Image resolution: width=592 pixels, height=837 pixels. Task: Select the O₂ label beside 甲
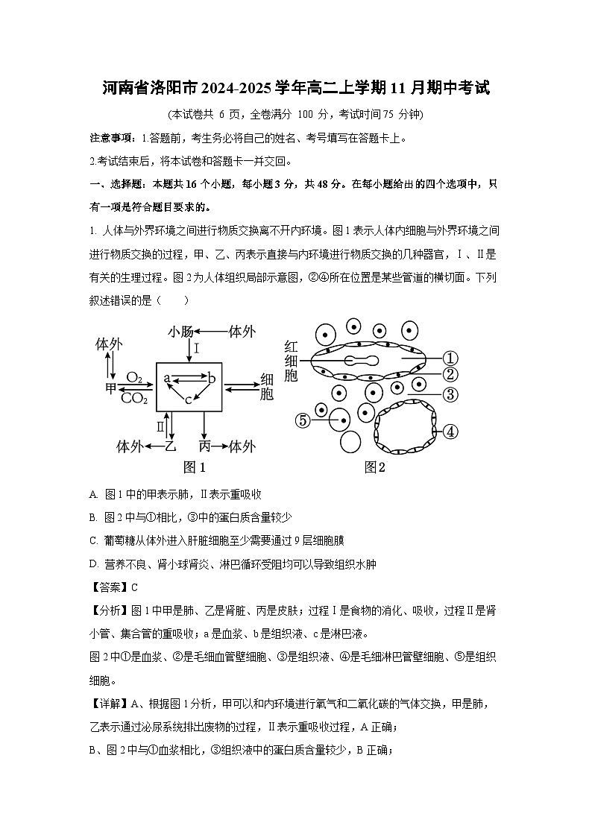click(x=135, y=378)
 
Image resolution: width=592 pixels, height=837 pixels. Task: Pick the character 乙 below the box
click(x=170, y=446)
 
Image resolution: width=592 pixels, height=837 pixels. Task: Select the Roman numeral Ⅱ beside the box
click(x=160, y=426)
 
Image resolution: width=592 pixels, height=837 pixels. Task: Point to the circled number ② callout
click(x=450, y=375)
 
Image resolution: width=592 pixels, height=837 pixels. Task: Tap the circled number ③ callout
click(x=450, y=395)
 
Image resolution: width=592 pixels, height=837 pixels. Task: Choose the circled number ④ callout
click(x=450, y=432)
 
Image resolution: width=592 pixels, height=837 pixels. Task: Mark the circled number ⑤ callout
click(x=303, y=420)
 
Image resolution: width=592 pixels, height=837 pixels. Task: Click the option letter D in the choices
click(x=93, y=564)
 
